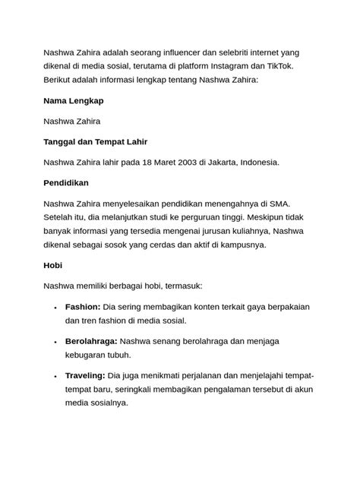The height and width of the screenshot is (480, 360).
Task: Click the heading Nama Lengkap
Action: pyautogui.click(x=74, y=100)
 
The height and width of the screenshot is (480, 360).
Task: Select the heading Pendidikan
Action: pyautogui.click(x=67, y=183)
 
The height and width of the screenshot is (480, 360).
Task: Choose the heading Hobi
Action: pyautogui.click(x=53, y=266)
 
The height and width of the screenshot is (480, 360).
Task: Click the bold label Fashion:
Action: pyautogui.click(x=83, y=307)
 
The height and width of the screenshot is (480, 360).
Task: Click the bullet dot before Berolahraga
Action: pyautogui.click(x=55, y=342)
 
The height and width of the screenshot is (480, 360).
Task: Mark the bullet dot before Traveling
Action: pyautogui.click(x=55, y=376)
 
